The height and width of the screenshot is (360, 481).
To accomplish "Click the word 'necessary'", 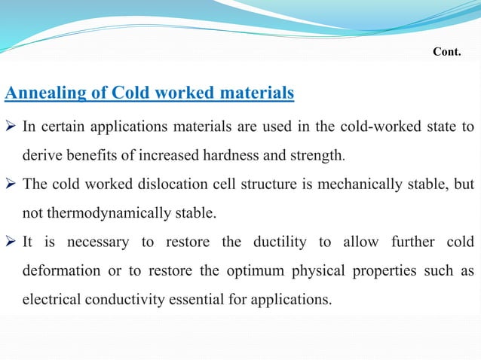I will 97,242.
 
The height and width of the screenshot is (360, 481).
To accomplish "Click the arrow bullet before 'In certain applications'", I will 11,125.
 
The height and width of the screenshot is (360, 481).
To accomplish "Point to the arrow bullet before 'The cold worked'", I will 11,183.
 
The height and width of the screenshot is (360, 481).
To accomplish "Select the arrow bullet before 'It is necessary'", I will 11,242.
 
